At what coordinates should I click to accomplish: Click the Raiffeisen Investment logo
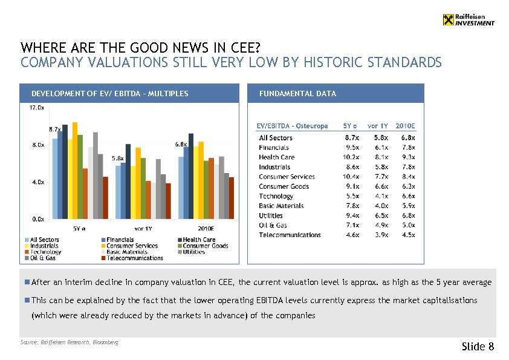pyautogui.click(x=468, y=19)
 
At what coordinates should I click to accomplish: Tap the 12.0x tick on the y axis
pyautogui.click(x=36, y=108)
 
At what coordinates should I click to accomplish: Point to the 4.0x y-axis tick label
pyautogui.click(x=36, y=182)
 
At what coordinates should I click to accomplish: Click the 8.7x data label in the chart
pyautogui.click(x=55, y=129)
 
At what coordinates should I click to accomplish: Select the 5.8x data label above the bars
pyautogui.click(x=118, y=158)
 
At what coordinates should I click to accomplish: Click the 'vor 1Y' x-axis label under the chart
pyautogui.click(x=143, y=229)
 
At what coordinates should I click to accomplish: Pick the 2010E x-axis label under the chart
pyautogui.click(x=206, y=229)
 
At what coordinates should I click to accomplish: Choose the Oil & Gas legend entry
pyautogui.click(x=39, y=258)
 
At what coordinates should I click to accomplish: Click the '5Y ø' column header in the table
pyautogui.click(x=350, y=126)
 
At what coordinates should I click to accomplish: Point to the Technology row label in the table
pyautogui.click(x=276, y=196)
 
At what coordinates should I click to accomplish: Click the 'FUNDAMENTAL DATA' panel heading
pyautogui.click(x=297, y=93)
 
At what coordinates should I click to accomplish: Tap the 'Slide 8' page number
pyautogui.click(x=478, y=347)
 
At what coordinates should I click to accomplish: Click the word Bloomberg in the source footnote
pyautogui.click(x=105, y=342)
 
